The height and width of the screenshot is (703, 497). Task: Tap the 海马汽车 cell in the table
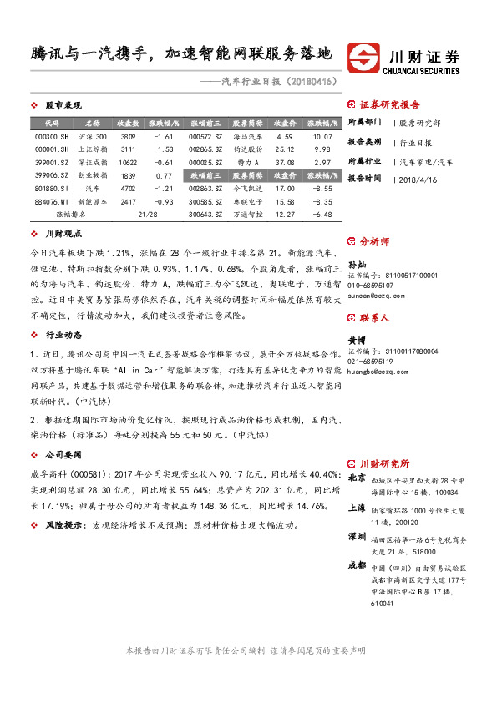pyautogui.click(x=247, y=136)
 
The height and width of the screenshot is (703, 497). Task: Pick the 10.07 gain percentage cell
pyautogui.click(x=322, y=136)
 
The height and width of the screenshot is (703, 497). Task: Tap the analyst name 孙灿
pyautogui.click(x=357, y=263)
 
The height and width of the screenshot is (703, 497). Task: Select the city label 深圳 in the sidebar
pyautogui.click(x=356, y=535)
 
